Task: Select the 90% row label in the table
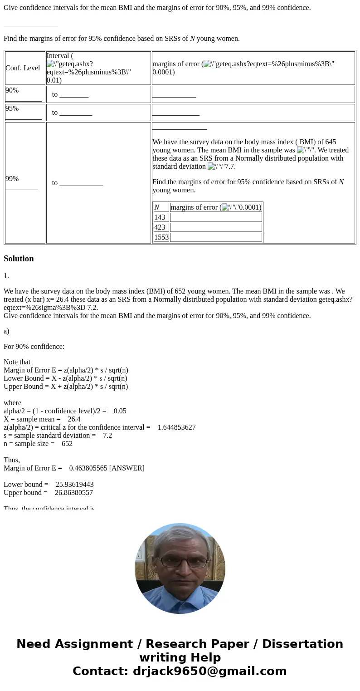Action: tap(12, 90)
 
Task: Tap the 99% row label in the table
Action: tap(12, 179)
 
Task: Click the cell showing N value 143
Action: tap(160, 217)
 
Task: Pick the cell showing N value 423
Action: tap(160, 227)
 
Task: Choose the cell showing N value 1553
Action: tap(161, 237)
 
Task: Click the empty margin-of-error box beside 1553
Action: tap(216, 237)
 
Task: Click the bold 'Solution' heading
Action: tap(19, 259)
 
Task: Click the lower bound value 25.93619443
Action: tap(74, 485)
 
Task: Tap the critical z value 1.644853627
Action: tap(176, 427)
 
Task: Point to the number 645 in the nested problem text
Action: tap(331, 142)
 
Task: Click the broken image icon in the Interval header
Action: tap(50, 64)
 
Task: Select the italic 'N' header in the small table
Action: tap(157, 207)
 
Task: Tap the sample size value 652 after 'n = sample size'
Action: tap(67, 444)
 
